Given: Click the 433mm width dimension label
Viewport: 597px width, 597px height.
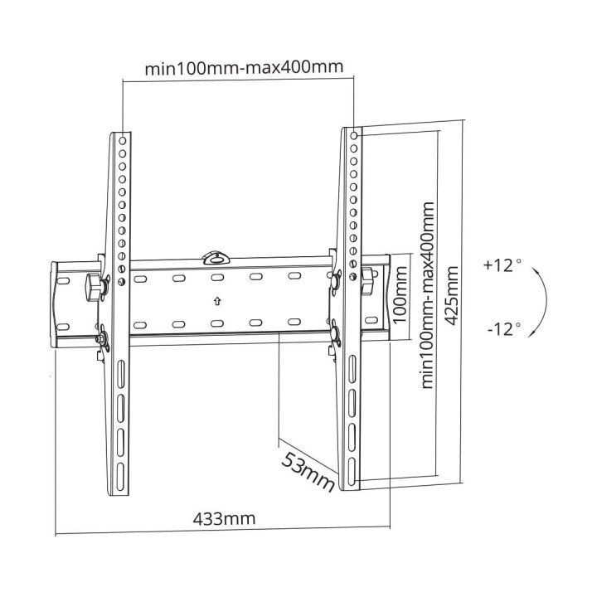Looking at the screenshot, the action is [x=224, y=518].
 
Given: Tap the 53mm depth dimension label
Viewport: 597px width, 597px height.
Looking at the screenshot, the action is [x=308, y=471].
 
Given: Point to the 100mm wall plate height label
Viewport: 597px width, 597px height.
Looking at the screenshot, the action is [x=400, y=294].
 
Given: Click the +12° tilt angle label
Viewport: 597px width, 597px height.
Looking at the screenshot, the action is [x=502, y=265].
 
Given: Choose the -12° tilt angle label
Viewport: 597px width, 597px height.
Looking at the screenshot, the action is [x=504, y=329].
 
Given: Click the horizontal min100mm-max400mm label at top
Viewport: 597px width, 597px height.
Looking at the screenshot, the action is [x=244, y=68].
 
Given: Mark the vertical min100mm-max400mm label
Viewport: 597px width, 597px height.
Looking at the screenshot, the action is [x=427, y=295].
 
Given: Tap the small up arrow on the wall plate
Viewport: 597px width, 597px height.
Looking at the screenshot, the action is [x=217, y=302].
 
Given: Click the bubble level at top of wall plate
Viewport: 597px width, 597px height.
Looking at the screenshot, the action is [x=216, y=258].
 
